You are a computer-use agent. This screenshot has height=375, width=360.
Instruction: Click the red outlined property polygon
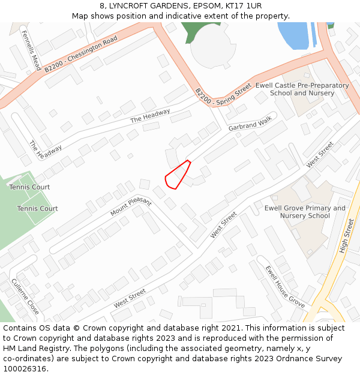[177, 175]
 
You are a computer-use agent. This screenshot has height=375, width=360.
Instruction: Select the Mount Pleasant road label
[131, 207]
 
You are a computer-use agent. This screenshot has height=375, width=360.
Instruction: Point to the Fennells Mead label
[29, 51]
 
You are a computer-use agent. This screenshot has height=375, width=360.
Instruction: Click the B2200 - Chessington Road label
[80, 54]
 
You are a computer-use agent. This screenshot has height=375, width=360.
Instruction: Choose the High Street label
[347, 235]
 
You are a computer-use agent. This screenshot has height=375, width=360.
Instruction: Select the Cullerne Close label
[25, 296]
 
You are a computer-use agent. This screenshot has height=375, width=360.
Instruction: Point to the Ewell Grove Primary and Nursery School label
[305, 212]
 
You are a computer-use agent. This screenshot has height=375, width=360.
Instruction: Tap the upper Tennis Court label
[29, 187]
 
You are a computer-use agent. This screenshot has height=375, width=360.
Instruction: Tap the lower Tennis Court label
[37, 209]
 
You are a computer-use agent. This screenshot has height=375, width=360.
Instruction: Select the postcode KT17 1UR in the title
[240, 6]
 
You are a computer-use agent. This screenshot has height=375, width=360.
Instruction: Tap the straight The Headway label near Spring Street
[150, 116]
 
